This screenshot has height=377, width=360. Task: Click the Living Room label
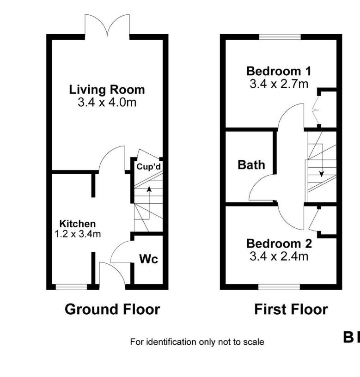click(107, 89)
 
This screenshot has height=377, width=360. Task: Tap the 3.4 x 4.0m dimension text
click(107, 102)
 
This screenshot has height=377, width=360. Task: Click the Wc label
click(148, 259)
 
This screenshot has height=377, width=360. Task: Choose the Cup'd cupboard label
click(148, 166)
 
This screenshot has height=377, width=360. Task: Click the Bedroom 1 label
click(279, 71)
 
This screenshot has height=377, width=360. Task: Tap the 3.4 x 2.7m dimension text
click(279, 84)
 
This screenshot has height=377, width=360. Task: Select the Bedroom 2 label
click(279, 243)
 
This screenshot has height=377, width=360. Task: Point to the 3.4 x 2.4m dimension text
click(279, 255)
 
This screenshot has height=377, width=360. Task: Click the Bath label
click(251, 164)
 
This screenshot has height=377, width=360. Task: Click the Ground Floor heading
click(112, 309)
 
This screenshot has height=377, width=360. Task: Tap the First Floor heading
click(291, 309)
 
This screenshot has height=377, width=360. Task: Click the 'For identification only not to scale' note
click(197, 342)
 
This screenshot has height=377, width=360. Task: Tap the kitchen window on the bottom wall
click(71, 287)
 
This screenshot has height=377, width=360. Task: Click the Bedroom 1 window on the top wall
click(280, 37)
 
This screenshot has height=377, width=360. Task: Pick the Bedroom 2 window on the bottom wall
click(279, 287)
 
